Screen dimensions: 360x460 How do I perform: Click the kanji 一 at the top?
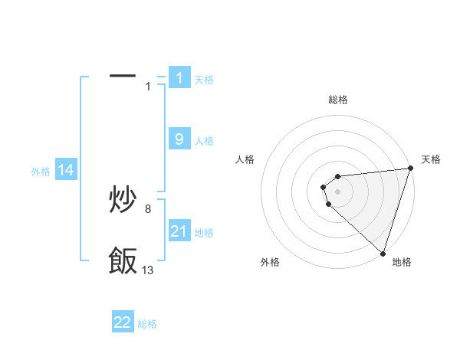tap(123, 76)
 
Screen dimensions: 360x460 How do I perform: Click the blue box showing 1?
tap(179, 77)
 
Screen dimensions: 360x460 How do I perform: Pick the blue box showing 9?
tap(179, 139)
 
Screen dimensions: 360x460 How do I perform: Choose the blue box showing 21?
tap(179, 231)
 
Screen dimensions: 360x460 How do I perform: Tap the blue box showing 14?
tap(66, 171)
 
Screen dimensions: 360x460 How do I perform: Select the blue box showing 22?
tap(123, 322)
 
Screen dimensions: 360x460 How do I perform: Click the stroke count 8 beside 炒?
tap(148, 208)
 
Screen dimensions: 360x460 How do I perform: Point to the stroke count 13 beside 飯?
tap(148, 270)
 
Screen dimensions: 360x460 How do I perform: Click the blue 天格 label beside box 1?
tap(204, 79)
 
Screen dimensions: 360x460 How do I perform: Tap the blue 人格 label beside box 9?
tap(204, 141)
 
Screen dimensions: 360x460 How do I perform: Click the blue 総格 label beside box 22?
tap(147, 324)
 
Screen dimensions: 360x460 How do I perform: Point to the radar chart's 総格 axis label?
tap(338, 100)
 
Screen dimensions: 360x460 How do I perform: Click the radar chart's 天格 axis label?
tap(431, 159)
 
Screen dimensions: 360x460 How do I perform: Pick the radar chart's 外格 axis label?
tap(270, 262)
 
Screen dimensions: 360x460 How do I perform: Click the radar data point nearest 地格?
tap(383, 253)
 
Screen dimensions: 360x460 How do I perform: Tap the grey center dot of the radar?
tap(338, 191)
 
